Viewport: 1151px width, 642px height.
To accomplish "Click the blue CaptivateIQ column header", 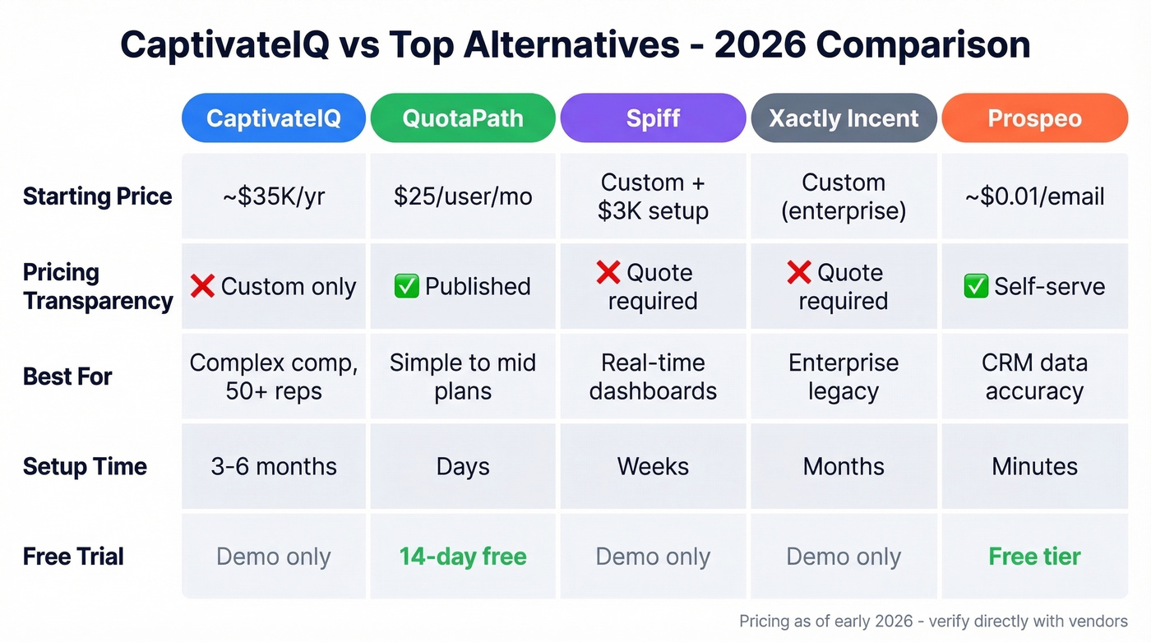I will pyautogui.click(x=273, y=118).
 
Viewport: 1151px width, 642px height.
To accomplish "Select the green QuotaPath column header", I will pyautogui.click(x=463, y=118).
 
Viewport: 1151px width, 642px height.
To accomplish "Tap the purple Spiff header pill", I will pyautogui.click(x=653, y=118).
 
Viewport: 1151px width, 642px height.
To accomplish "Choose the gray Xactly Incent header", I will pyautogui.click(x=844, y=118).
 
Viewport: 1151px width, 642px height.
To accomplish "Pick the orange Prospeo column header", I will pyautogui.click(x=1034, y=118).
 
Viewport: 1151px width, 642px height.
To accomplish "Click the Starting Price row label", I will pyautogui.click(x=97, y=196).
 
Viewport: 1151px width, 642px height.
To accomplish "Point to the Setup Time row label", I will pyautogui.click(x=85, y=466).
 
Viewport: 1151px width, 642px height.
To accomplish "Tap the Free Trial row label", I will pyautogui.click(x=73, y=557).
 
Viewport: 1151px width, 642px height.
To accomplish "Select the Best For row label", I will pyautogui.click(x=67, y=376).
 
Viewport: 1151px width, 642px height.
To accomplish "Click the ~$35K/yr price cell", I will pyautogui.click(x=273, y=196).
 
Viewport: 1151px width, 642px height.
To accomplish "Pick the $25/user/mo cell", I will pyautogui.click(x=463, y=196).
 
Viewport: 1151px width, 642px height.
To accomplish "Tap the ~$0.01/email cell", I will pyautogui.click(x=1034, y=196).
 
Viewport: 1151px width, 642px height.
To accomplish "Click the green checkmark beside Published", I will pyautogui.click(x=406, y=286).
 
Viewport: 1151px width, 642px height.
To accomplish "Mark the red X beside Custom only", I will pyautogui.click(x=202, y=286).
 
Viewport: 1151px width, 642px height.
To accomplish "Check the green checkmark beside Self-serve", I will pyautogui.click(x=976, y=286).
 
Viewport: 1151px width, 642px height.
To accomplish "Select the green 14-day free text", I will pyautogui.click(x=463, y=557).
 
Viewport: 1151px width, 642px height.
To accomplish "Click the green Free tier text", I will pyautogui.click(x=1034, y=557).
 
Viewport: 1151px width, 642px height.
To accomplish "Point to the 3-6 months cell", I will pyautogui.click(x=273, y=466).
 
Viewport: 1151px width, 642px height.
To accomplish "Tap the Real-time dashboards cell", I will pyautogui.click(x=653, y=376).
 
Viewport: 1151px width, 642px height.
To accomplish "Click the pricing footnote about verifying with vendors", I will pyautogui.click(x=933, y=621).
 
